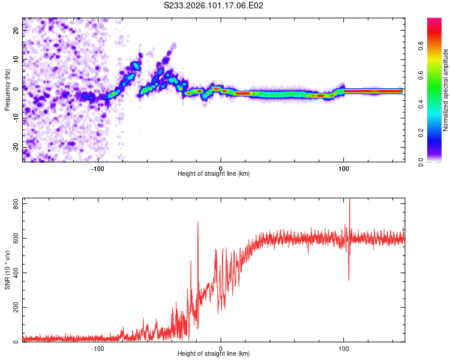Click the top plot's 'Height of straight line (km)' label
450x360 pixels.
click(x=214, y=173)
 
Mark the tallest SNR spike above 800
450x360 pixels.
click(x=349, y=201)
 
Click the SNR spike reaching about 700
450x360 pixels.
click(x=197, y=223)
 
